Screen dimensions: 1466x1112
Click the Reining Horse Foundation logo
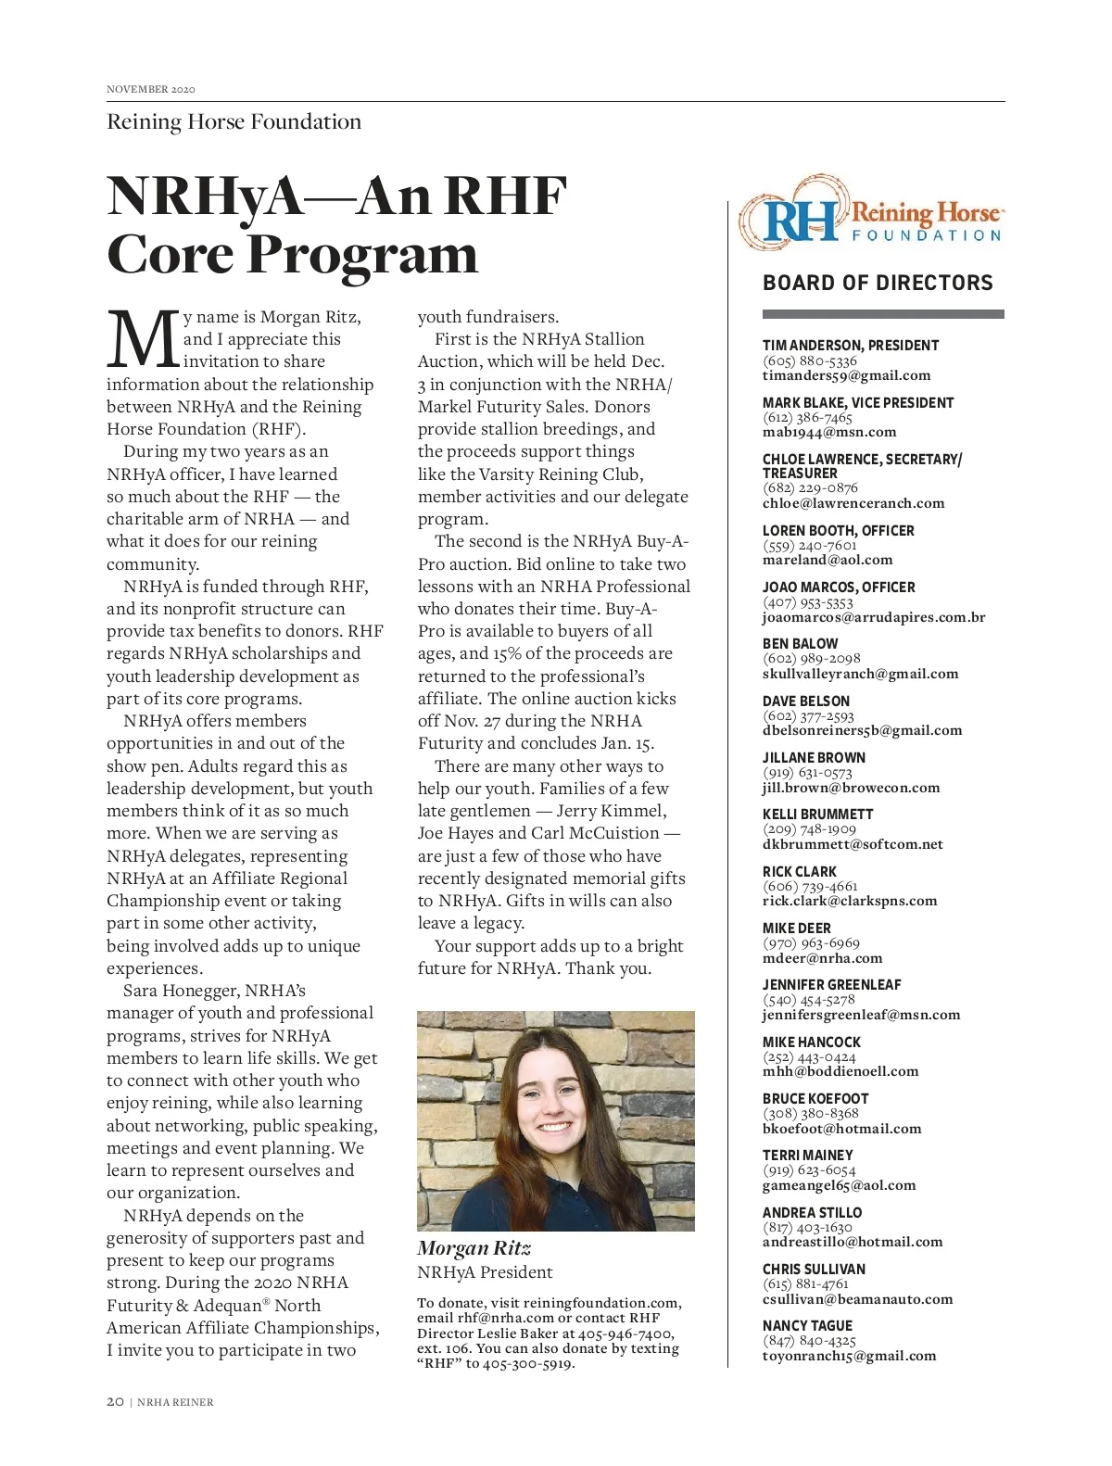[870, 212]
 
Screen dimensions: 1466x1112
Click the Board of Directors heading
[877, 283]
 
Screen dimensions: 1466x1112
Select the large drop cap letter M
[142, 339]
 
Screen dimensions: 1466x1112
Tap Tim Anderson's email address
[846, 375]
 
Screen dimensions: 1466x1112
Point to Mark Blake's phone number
[807, 417]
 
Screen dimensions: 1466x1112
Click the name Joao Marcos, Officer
[838, 588]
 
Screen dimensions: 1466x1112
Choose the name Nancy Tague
[807, 1326]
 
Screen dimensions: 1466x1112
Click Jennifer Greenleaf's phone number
[809, 999]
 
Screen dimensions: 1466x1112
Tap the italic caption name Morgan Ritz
[474, 1248]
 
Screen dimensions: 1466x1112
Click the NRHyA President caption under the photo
[485, 1272]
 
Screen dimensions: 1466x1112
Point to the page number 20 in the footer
[115, 1402]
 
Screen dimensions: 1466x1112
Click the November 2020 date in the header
[151, 89]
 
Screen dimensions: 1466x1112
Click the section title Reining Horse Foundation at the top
[234, 121]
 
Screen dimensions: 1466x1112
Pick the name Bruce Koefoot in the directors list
[815, 1099]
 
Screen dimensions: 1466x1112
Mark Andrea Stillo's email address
[852, 1242]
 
